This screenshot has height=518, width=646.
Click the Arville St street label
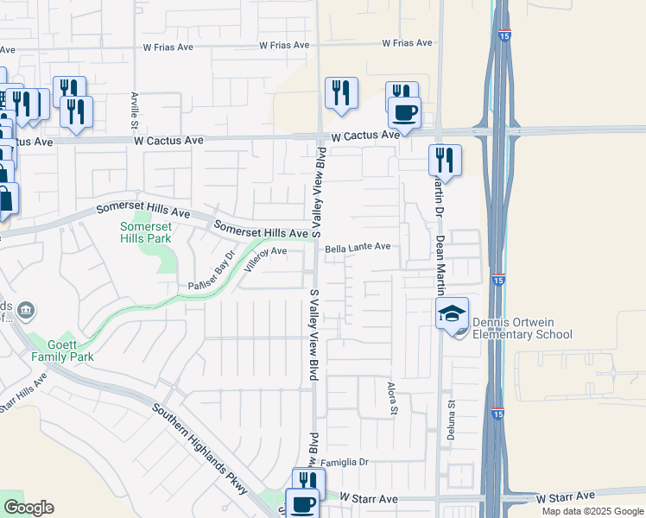click(x=135, y=108)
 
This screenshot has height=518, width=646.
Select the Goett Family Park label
click(x=60, y=350)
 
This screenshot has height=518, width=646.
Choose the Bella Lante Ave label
click(x=358, y=248)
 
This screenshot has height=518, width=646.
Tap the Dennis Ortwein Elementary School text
click(x=518, y=329)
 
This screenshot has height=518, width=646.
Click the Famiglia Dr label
click(x=345, y=463)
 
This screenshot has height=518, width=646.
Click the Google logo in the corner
click(x=28, y=508)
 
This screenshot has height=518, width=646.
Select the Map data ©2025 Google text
click(x=592, y=511)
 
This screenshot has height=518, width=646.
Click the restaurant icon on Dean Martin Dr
click(x=445, y=159)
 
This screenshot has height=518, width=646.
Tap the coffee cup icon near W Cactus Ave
click(x=404, y=111)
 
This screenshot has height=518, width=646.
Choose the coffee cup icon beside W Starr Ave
click(x=301, y=504)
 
